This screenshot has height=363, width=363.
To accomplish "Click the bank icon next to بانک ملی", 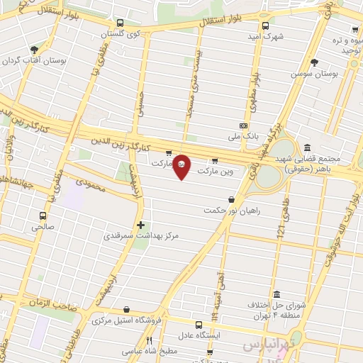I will pyautogui.click(x=243, y=125).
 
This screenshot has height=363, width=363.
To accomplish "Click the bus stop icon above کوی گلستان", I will pyautogui.click(x=119, y=23).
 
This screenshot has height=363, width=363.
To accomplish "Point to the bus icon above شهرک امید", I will pyautogui.click(x=265, y=26).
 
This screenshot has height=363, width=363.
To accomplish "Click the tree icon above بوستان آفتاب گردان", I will pyautogui.click(x=34, y=50).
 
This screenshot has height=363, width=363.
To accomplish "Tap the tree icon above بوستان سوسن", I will pyautogui.click(x=334, y=63).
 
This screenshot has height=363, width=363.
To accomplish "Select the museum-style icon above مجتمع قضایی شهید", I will pyautogui.click(x=306, y=148).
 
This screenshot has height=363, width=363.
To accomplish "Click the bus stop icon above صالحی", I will pyautogui.click(x=43, y=216).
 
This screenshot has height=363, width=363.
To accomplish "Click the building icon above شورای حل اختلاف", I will pyautogui.click(x=276, y=294).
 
